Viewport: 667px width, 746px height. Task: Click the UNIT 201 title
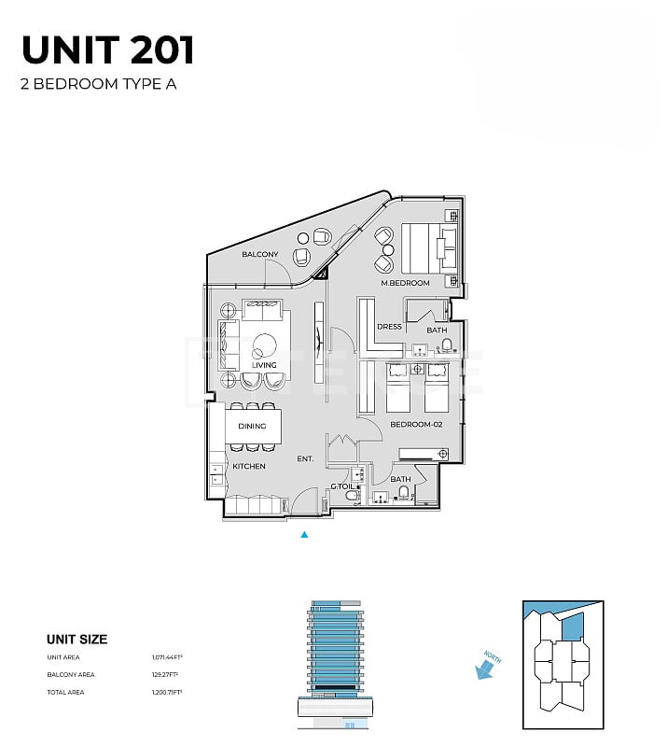pos(108,49)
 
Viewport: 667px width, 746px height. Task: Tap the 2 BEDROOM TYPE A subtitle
pos(98,84)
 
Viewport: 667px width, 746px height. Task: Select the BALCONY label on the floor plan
pos(260,254)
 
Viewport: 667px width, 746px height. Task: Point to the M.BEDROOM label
pos(405,283)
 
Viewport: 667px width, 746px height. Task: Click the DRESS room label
pos(389,327)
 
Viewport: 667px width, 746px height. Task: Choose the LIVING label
pos(264,365)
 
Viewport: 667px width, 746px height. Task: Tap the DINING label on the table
pos(252,426)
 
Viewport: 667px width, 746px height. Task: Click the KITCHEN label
pos(249,466)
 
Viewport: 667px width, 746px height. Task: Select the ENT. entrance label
pos(305,458)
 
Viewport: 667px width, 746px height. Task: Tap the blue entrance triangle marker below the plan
pos(303,535)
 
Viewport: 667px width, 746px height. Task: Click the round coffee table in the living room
pos(264,343)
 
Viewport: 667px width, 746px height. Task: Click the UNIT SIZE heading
pos(76,640)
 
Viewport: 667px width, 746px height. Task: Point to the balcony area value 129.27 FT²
pos(165,674)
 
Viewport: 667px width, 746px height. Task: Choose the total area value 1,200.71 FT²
pos(167,691)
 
